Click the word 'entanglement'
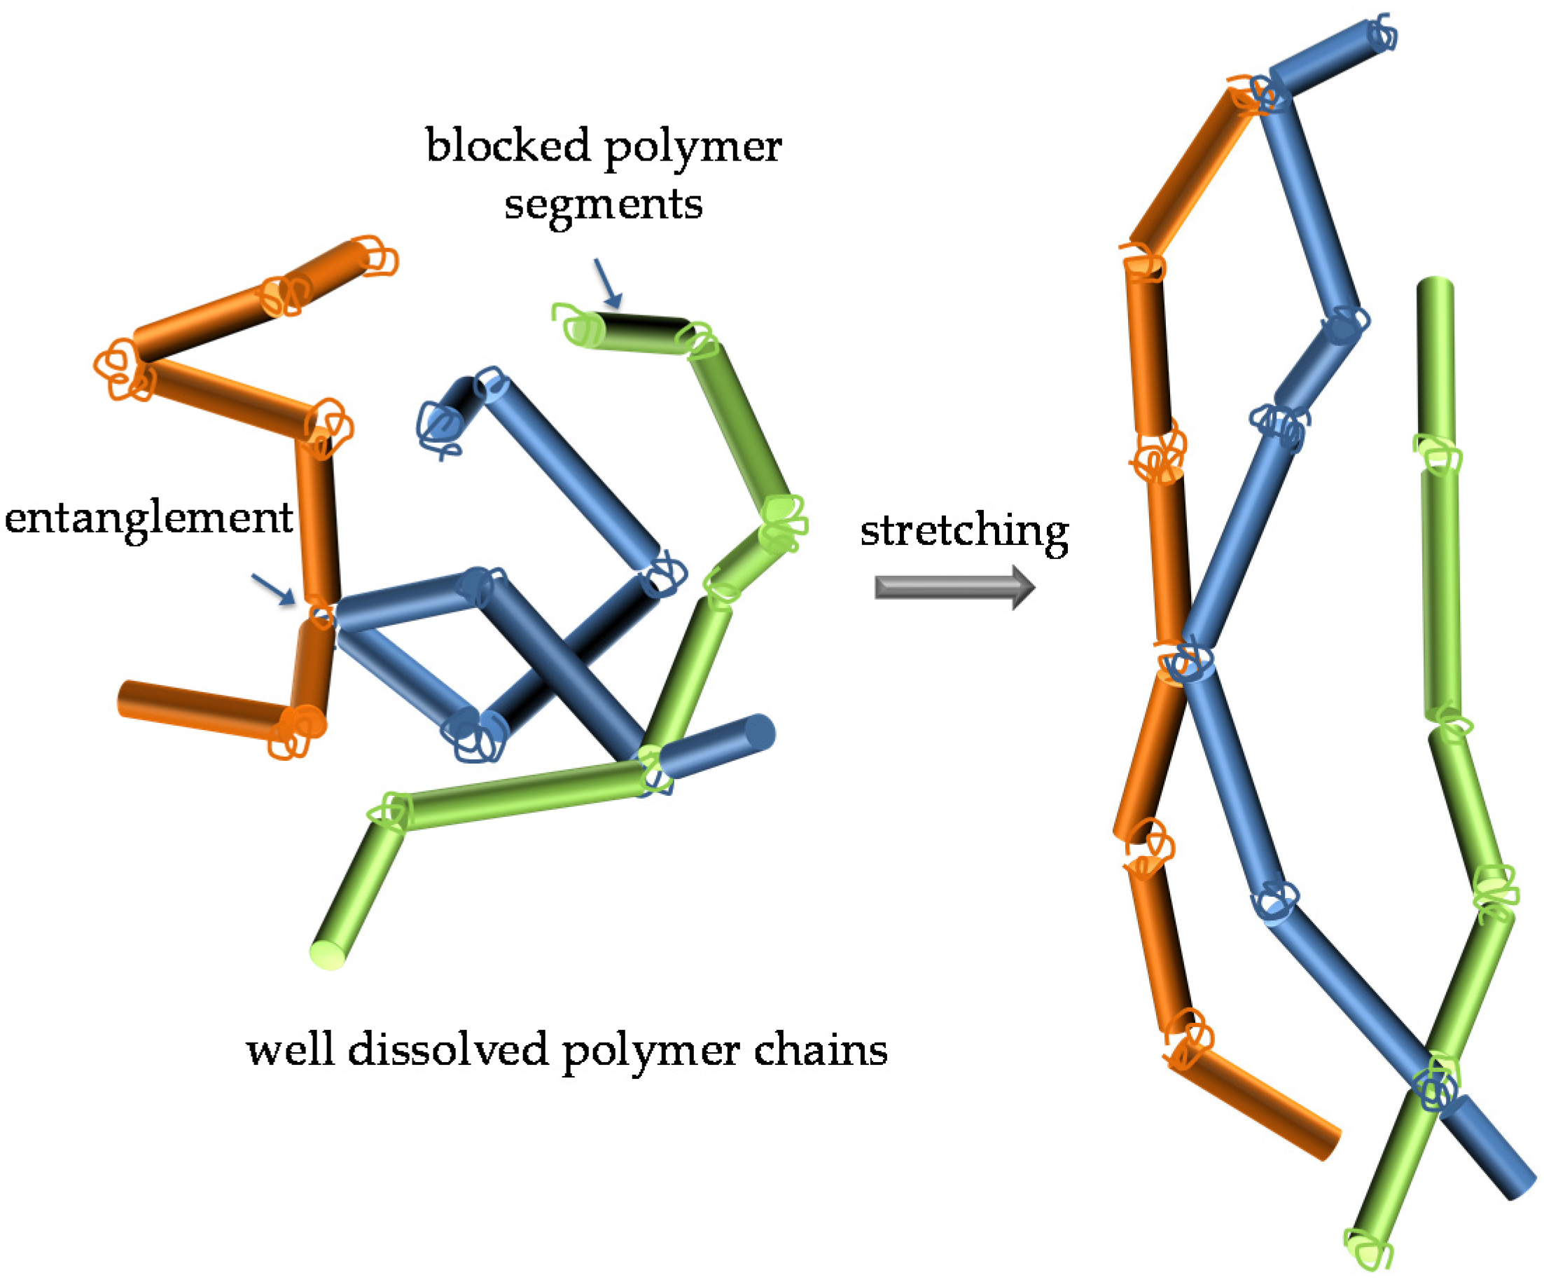point(148,519)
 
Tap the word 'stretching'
point(964,532)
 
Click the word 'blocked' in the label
point(508,146)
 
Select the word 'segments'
point(603,205)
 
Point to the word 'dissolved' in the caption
point(447,1050)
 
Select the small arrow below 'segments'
point(608,282)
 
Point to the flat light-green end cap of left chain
point(328,955)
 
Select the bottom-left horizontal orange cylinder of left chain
point(199,708)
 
